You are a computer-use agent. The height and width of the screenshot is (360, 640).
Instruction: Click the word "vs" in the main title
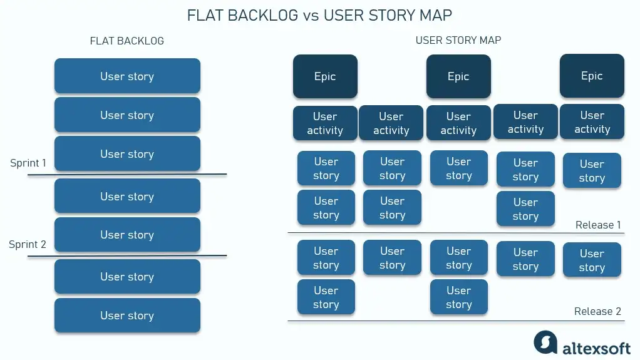coord(311,16)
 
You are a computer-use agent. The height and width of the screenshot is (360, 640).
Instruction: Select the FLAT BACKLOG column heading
coord(127,41)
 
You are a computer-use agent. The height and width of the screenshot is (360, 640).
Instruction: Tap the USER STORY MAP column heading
coord(458,40)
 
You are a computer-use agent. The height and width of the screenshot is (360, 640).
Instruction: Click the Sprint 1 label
coord(28,163)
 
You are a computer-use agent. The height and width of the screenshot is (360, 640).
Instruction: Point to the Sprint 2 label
coord(28,244)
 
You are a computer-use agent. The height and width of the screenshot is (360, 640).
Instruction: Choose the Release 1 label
coord(598,225)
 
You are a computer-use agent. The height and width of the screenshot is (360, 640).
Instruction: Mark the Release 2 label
coord(598,311)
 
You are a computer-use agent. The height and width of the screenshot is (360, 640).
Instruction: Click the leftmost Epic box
coord(325,76)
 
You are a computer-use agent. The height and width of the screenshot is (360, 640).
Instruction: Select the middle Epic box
coord(458,76)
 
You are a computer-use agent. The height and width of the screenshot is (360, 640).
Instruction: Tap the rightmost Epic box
coord(592,76)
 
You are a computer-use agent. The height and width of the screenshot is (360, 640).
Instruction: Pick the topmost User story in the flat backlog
coord(127,76)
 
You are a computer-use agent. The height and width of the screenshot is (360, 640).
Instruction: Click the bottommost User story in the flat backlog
coord(127,316)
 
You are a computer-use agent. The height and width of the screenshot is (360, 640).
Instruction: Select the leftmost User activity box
coord(325,123)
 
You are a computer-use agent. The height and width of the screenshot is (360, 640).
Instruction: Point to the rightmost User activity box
coord(592,122)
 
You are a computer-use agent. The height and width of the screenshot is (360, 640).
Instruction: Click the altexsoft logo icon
coord(545,342)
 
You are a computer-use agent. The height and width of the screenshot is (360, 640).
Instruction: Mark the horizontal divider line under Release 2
coord(456,321)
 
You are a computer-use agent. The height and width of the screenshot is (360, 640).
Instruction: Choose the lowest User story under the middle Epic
coord(458,297)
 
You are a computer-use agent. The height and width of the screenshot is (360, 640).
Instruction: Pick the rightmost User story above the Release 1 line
coord(592,171)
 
